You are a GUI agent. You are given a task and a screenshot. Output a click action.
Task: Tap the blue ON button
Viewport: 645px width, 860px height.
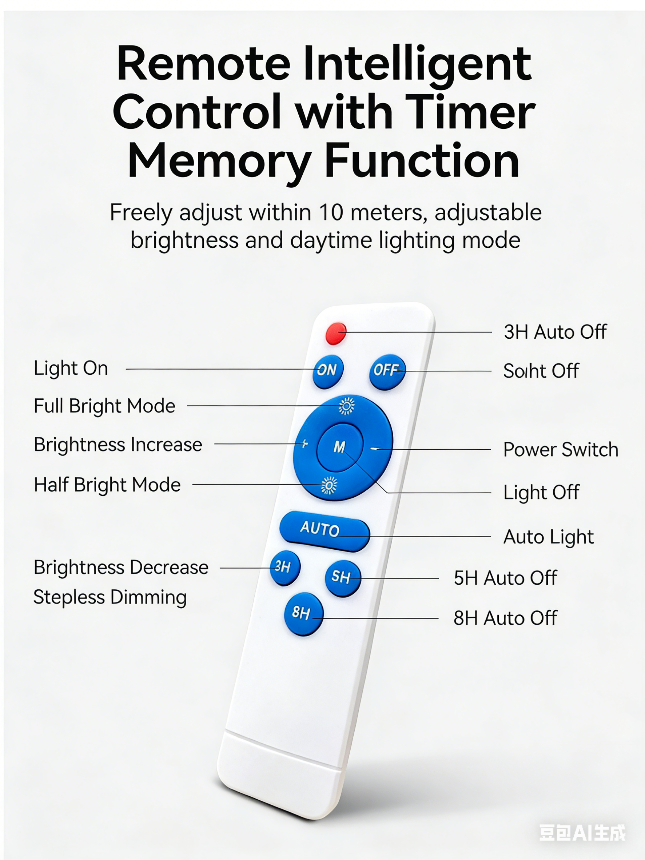[328, 371]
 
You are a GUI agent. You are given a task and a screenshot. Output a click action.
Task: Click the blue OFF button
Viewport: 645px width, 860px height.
[387, 372]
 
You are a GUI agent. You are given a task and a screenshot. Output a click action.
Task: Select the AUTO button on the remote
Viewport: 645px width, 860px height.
[325, 531]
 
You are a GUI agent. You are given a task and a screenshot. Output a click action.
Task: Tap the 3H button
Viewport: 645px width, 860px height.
[285, 568]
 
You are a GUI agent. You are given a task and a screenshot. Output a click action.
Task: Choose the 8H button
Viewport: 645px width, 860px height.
[304, 614]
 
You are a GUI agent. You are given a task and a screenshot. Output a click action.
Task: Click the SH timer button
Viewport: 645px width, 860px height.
[343, 578]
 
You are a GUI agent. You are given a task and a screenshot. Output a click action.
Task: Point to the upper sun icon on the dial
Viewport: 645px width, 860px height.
[346, 406]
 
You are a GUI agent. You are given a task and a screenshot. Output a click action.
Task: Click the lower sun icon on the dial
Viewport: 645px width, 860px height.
[329, 485]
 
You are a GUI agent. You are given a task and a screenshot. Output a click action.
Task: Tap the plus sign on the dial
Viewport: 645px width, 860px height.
[305, 443]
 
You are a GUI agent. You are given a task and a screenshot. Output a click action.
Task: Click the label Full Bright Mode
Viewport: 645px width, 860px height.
[104, 406]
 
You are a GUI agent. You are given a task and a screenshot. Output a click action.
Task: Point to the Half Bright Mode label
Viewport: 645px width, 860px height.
[107, 485]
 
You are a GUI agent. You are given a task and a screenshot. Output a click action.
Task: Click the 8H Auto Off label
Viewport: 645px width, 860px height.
[505, 618]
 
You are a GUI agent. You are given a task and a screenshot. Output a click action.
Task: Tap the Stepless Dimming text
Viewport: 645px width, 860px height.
[110, 598]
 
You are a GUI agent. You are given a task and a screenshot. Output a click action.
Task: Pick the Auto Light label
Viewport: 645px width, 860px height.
[549, 537]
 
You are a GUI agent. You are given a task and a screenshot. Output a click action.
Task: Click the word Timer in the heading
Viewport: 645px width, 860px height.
[470, 112]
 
